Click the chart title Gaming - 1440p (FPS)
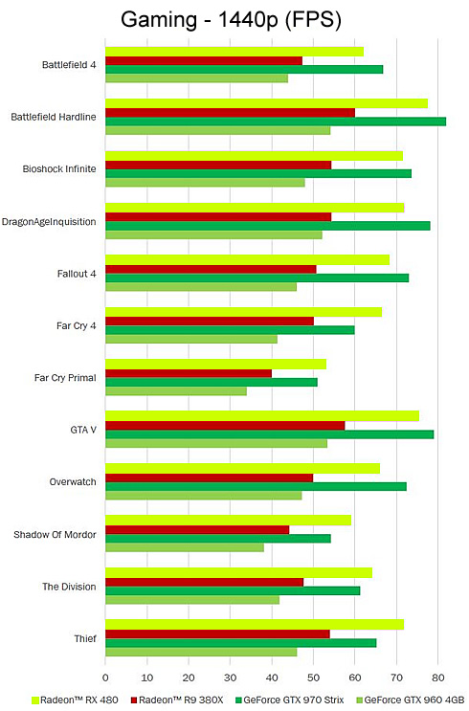231,20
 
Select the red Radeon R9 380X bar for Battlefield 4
204,60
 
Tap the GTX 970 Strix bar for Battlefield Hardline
276,122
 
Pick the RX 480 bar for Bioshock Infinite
254,156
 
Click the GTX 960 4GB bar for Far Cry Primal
176,390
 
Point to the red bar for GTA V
225,425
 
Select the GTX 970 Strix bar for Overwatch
256,486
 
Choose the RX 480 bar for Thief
255,624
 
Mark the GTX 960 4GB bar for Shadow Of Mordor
185,547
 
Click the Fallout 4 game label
77,274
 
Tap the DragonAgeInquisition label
49,222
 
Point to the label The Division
69,587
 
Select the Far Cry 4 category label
77,325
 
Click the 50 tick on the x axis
313,678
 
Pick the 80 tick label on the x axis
438,678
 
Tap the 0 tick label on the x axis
105,678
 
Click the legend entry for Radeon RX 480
75,700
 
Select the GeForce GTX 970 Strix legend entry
290,700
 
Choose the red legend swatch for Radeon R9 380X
134,700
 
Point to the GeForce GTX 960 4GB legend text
414,700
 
